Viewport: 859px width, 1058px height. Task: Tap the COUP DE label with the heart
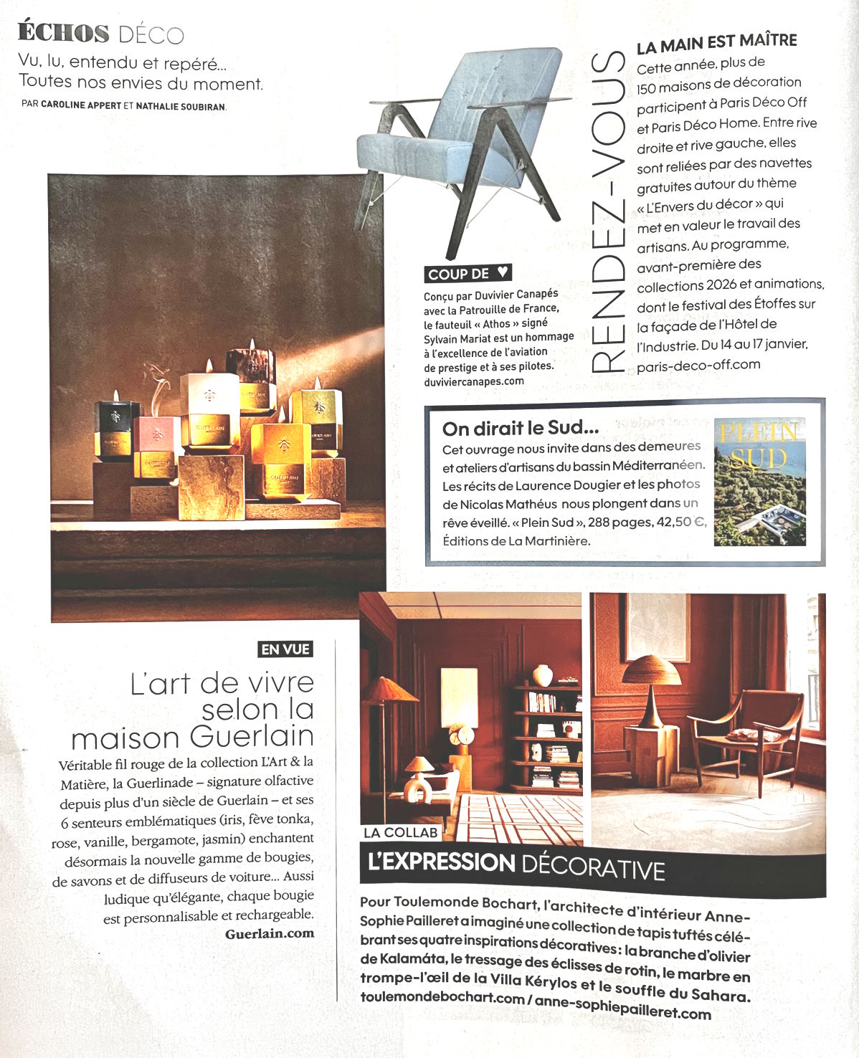coord(468,273)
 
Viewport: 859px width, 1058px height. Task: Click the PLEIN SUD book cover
coord(759,481)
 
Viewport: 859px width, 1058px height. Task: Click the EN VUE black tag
coord(286,649)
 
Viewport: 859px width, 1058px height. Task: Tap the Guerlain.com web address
coord(270,933)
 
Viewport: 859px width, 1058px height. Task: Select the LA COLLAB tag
coord(400,832)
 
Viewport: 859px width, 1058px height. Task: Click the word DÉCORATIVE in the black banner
coord(593,868)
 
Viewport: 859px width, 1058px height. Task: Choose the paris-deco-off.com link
coord(698,365)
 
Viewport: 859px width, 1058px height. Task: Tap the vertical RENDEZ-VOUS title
coord(609,211)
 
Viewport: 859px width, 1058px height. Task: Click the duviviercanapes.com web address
coord(474,381)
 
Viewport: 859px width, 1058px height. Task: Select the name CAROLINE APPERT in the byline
coord(81,105)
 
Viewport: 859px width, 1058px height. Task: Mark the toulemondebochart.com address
coord(442,997)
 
